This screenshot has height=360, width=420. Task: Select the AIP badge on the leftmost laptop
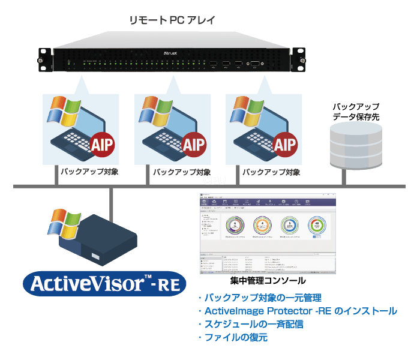(103, 144)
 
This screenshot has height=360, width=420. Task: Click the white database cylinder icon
(356, 147)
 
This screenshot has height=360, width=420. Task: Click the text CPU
(214, 181)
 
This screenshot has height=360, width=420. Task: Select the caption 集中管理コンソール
(268, 281)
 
